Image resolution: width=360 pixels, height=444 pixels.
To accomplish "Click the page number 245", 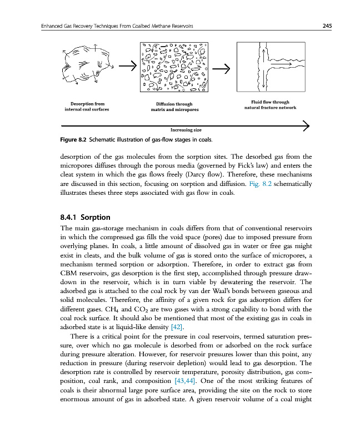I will click(x=327, y=26).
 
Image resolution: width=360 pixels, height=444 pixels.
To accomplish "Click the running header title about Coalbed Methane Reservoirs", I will click(x=113, y=26).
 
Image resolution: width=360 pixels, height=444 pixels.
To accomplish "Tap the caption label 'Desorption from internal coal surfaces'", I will click(x=87, y=107).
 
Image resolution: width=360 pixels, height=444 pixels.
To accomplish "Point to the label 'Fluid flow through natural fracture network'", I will click(x=270, y=104).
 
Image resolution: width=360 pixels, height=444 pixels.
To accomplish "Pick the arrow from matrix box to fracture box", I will click(x=222, y=69).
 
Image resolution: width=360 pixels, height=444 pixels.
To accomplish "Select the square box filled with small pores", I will click(x=174, y=67).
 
